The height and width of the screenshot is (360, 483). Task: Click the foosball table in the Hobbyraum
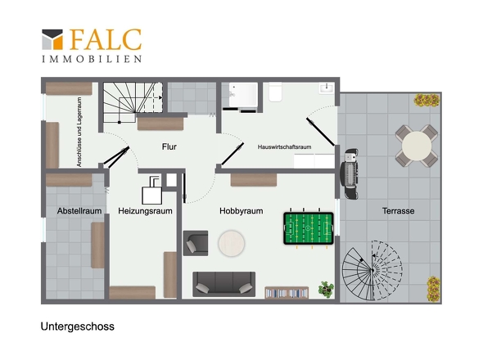(x=309, y=228)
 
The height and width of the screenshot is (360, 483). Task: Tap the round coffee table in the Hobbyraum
(x=232, y=243)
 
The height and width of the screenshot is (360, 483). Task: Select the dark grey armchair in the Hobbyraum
(x=196, y=243)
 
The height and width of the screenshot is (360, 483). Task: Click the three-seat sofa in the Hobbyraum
(x=224, y=284)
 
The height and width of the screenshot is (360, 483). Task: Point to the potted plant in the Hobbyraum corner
(x=326, y=289)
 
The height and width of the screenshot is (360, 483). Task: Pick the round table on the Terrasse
(x=417, y=146)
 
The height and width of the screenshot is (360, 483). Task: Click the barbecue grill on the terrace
(x=350, y=173)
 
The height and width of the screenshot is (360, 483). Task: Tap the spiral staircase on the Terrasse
(x=372, y=270)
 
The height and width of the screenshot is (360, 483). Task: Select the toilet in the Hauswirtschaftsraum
(x=275, y=92)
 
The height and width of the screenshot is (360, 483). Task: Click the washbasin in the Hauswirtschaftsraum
(x=326, y=88)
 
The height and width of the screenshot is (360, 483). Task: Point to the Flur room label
(x=169, y=146)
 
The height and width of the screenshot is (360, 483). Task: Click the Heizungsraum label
(x=145, y=211)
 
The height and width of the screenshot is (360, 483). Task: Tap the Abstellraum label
(x=79, y=211)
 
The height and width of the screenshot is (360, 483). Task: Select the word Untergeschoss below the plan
(x=77, y=326)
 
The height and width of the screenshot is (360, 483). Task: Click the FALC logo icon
(x=52, y=39)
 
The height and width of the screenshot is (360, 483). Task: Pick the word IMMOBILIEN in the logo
(x=92, y=59)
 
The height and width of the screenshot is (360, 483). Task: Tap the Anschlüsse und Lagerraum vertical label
(x=79, y=132)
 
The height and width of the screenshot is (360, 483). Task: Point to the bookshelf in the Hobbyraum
(x=287, y=293)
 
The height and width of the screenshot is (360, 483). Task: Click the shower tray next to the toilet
(x=243, y=94)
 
